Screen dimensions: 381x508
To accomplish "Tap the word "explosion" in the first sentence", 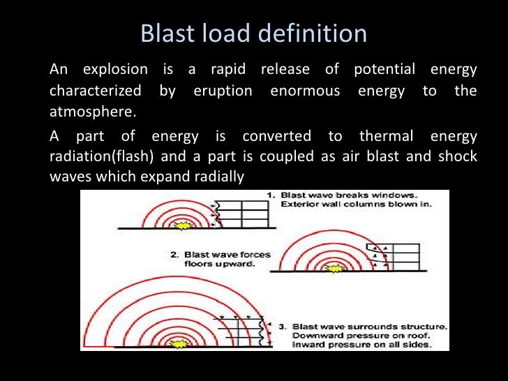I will click(114, 70).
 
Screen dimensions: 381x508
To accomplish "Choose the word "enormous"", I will click(311, 91).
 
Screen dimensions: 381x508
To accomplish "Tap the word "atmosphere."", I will click(84, 112).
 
